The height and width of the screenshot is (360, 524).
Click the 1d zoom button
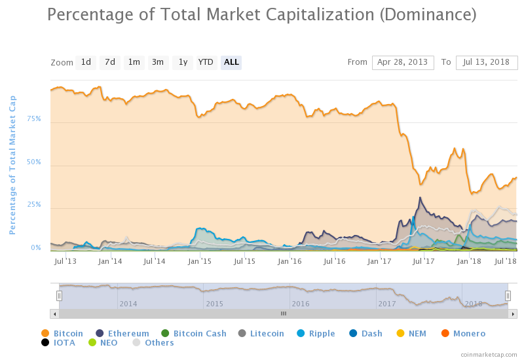tap(86, 63)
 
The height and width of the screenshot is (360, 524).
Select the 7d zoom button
tap(110, 63)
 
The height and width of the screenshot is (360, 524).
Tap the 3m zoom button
tap(158, 63)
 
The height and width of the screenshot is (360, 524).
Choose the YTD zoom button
tap(206, 63)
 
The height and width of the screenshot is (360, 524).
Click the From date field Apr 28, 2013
tap(403, 63)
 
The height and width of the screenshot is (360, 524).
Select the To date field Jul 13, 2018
tap(487, 63)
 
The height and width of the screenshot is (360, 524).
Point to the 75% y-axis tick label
tap(34, 119)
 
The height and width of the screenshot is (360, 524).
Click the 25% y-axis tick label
tap(34, 205)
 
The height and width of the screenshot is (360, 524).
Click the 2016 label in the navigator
tap(300, 304)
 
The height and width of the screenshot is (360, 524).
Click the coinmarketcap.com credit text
tap(489, 354)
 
